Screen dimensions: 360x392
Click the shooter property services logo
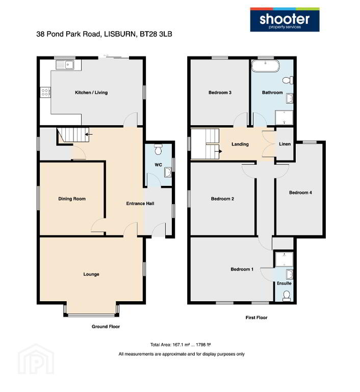point(285,19)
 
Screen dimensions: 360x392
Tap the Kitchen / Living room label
point(91,92)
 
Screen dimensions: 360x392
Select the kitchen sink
point(65,65)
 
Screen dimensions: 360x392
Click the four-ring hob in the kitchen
point(45,92)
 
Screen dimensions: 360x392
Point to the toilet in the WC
point(158,149)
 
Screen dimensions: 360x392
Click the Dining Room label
point(72,199)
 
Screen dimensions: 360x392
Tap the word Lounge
point(91,274)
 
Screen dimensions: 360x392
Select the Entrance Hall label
point(140,204)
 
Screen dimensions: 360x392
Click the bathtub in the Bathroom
point(265,66)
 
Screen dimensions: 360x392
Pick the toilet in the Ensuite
point(286,296)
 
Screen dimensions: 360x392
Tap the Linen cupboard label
point(285,144)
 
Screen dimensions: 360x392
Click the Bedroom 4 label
point(300,192)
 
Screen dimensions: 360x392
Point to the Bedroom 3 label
point(220,92)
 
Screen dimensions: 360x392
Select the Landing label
point(240,144)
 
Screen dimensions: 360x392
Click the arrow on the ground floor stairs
point(89,135)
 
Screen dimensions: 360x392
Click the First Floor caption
point(256,317)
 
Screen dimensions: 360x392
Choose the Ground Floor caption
point(106,327)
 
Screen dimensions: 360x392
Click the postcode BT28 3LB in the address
point(156,34)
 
